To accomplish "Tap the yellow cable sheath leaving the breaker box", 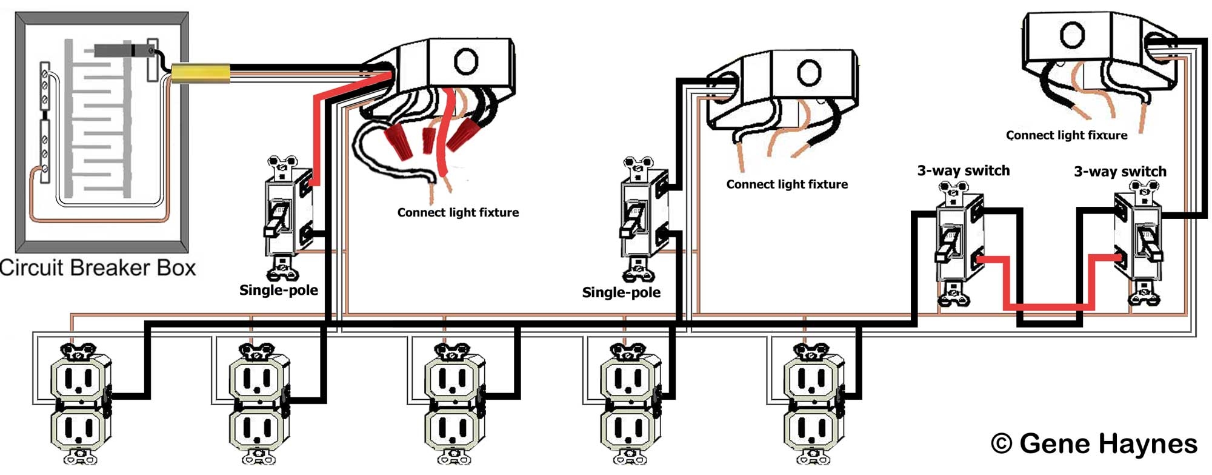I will point(200,73).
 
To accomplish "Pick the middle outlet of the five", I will point(454,403).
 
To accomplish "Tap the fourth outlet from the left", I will point(629,403).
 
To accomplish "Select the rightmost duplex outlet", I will point(812,403).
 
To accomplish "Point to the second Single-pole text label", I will point(621,292).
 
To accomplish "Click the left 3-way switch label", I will point(963,170).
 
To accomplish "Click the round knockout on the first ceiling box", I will point(466,61).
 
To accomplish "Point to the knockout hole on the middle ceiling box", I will point(808,73).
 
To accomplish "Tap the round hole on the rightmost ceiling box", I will point(1071,35).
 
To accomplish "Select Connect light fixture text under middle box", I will point(787,184).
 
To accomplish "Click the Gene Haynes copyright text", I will point(1094,443).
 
